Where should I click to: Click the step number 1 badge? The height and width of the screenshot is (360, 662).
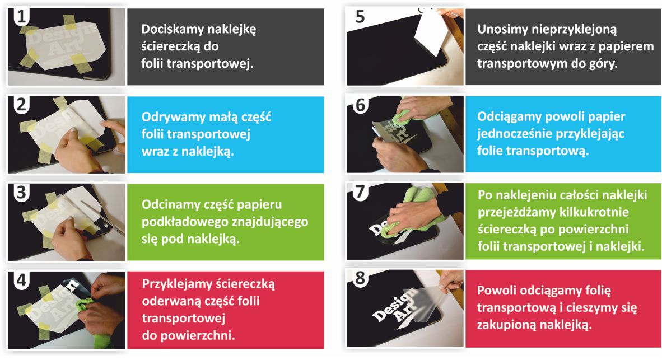click(21, 17)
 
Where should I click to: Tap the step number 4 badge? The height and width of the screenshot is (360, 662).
click(21, 280)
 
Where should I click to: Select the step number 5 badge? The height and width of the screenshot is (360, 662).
click(360, 17)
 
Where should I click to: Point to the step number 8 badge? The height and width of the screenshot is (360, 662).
click(360, 278)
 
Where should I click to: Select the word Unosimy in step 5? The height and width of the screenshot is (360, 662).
click(502, 30)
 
